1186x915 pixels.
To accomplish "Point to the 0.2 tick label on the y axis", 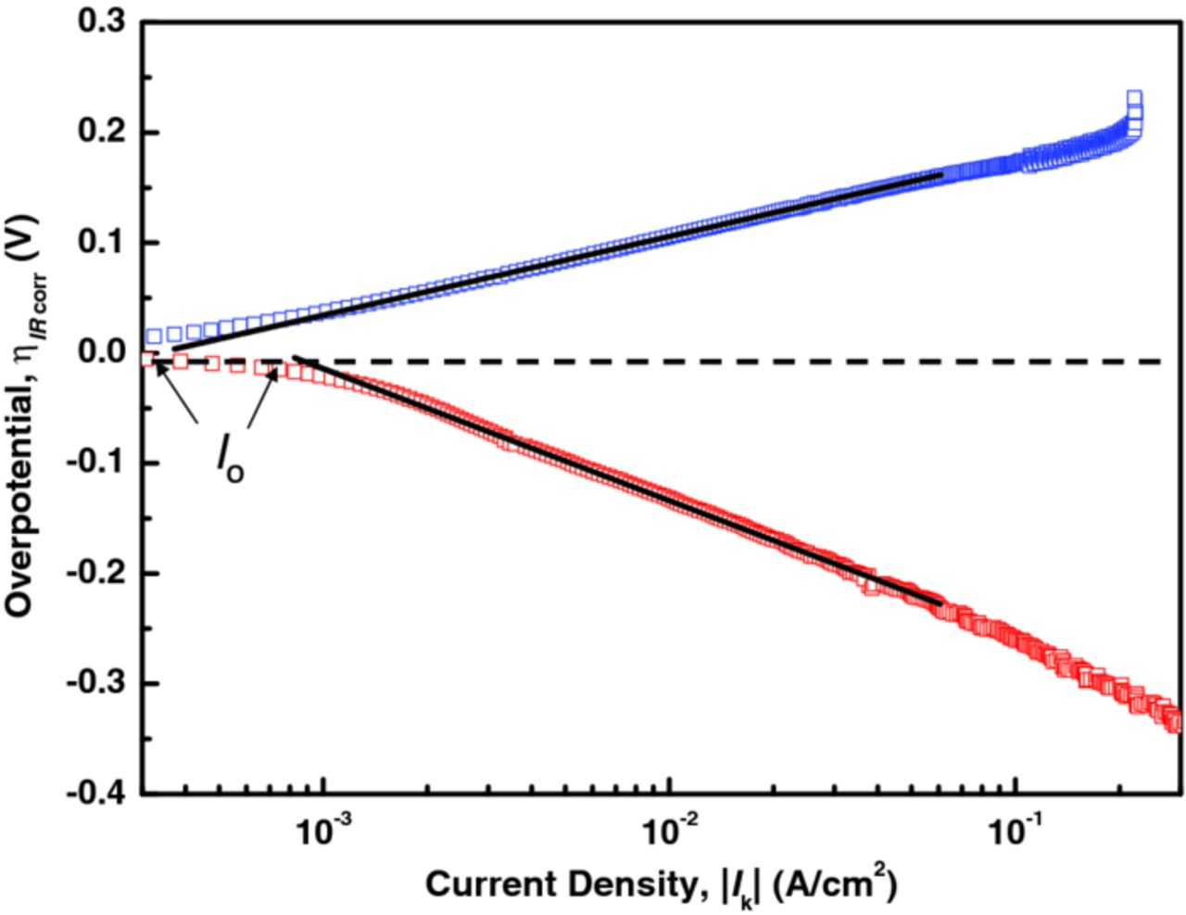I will point(104,133).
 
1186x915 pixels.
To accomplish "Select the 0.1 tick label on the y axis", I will point(104,243).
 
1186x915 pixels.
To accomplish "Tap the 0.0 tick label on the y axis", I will point(104,353).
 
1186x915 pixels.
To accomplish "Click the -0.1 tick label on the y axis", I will point(98,464).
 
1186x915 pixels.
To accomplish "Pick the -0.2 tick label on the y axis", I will point(98,574).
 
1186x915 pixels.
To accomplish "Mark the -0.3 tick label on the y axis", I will point(98,684).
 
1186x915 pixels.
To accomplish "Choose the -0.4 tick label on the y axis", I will point(98,794).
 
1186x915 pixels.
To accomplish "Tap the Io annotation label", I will point(230,459).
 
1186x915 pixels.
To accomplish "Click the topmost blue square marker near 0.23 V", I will point(1134,97).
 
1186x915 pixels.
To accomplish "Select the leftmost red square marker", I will point(146,359).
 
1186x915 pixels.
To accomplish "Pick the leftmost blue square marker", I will point(155,336).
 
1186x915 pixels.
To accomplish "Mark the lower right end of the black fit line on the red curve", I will point(940,604).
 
